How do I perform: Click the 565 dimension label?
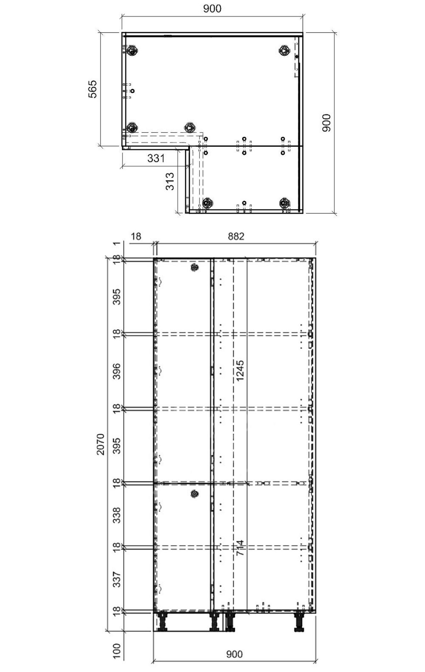92,89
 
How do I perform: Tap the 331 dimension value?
156,158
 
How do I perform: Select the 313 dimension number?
170,181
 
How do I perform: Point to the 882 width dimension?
236,236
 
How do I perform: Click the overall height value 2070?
101,444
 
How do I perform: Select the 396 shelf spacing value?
117,371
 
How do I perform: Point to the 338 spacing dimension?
117,515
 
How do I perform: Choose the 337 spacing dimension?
117,579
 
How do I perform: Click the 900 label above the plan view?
212,9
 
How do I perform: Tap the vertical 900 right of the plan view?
326,123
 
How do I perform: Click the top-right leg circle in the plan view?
284,50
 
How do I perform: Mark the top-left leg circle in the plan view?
132,50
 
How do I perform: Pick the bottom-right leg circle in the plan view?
284,203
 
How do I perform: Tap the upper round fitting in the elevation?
194,268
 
